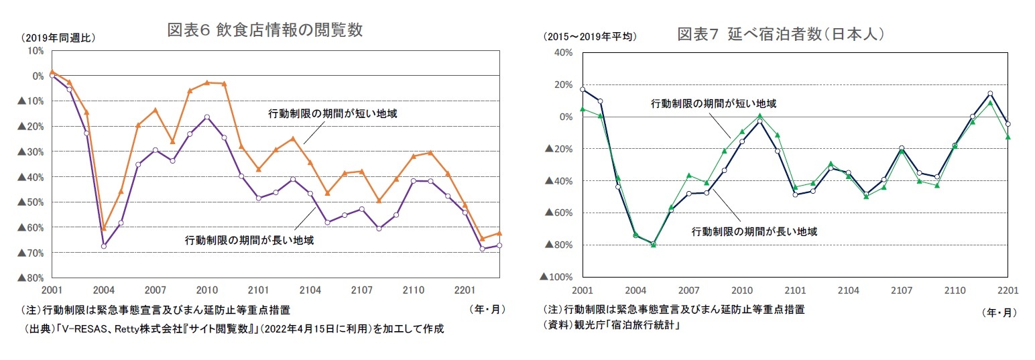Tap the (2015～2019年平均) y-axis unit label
(x=589, y=37)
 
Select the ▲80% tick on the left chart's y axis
(x=30, y=278)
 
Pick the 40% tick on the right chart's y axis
(x=563, y=52)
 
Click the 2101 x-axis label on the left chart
(x=259, y=290)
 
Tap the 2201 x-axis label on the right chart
(x=1008, y=290)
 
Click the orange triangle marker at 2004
(x=104, y=229)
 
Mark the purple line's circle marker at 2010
(x=207, y=117)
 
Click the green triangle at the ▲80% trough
(x=654, y=245)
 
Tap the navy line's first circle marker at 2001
(x=583, y=89)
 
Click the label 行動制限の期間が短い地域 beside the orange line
(x=332, y=114)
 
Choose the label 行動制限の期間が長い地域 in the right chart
(x=754, y=231)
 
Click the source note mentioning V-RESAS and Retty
(x=233, y=329)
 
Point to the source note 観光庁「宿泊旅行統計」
(x=613, y=326)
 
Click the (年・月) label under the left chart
(x=487, y=310)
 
